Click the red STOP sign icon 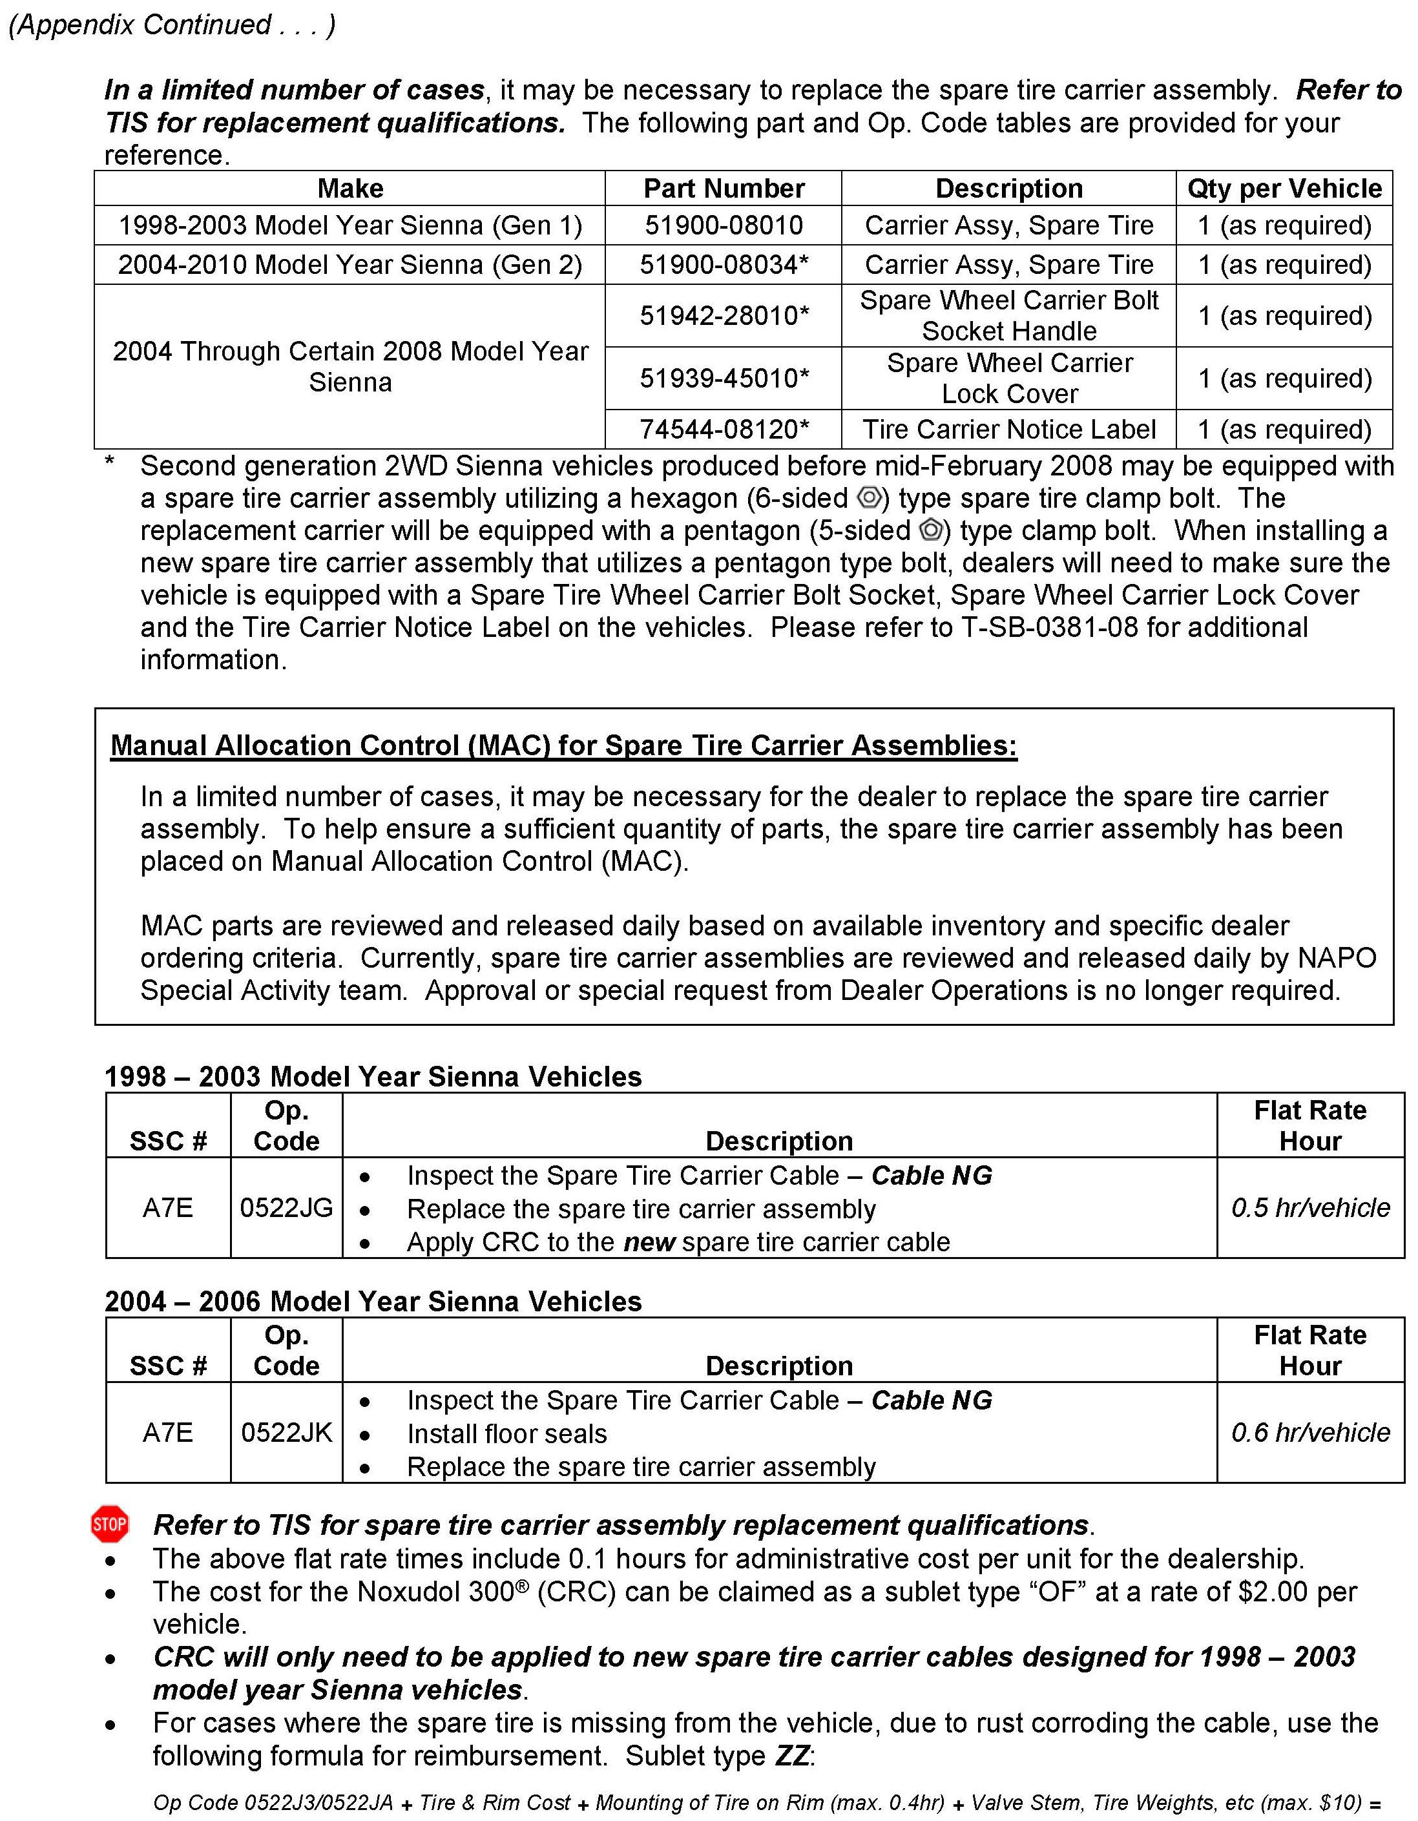(109, 1524)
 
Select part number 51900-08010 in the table (723, 225)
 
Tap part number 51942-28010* (724, 316)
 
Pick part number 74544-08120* (724, 430)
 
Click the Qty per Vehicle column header (1284, 189)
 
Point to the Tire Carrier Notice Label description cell (1008, 430)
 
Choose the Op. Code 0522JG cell (286, 1207)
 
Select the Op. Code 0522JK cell (286, 1433)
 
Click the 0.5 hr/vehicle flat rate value (1309, 1207)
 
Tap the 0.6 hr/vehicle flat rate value (1309, 1433)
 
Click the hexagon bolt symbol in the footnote (870, 498)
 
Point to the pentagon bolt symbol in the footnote (931, 530)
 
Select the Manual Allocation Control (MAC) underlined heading (563, 745)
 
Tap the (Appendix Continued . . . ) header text (172, 25)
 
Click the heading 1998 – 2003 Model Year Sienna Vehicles (373, 1076)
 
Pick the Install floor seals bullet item (507, 1433)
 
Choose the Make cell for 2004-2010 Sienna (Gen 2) (349, 264)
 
